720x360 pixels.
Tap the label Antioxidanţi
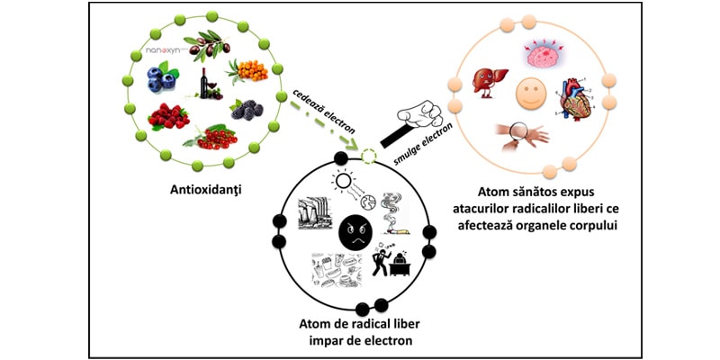point(208,190)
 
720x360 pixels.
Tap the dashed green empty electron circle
point(369,157)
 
